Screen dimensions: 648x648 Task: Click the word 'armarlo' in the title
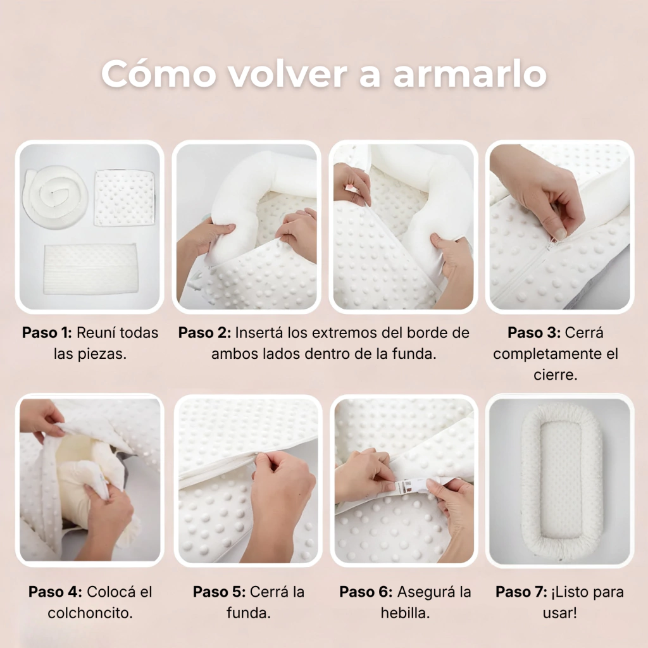point(470,75)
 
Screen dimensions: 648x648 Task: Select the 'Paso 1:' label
point(47,333)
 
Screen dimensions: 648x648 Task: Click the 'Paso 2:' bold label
point(204,333)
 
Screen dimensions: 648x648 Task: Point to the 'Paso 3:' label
point(534,333)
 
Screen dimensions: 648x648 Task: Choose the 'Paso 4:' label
point(56,592)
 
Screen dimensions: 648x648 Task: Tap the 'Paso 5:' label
point(220,592)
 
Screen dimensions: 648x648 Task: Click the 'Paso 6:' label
point(366,592)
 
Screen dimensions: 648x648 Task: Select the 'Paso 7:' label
point(521,592)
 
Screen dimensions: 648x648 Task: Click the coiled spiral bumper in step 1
point(56,197)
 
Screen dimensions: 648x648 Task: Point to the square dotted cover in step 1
point(125,197)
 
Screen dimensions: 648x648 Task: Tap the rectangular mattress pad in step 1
point(90,268)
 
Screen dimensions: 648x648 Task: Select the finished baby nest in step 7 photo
point(561,481)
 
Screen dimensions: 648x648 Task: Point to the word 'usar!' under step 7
point(559,613)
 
